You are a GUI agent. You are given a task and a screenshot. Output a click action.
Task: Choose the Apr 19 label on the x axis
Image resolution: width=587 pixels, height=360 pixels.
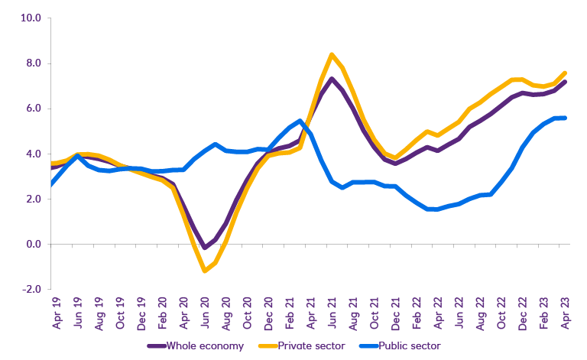[x=57, y=313]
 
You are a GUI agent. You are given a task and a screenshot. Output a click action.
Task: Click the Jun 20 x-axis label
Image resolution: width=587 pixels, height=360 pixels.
[x=206, y=313]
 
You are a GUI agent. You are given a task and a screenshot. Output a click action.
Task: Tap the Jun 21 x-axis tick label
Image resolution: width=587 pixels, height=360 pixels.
[x=332, y=313]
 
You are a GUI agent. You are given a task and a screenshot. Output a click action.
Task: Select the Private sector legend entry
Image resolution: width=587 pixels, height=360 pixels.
[x=310, y=346]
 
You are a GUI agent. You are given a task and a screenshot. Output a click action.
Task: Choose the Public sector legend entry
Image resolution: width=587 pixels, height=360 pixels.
[x=411, y=346]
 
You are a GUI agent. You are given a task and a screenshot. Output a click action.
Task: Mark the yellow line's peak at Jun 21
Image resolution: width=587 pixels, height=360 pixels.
[x=331, y=54]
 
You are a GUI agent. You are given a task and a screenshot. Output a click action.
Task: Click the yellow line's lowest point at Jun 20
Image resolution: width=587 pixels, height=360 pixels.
[x=205, y=271]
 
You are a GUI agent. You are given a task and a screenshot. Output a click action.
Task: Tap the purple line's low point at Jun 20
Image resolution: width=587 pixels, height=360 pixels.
[x=204, y=247]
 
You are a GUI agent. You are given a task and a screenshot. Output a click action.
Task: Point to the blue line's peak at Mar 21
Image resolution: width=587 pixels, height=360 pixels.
[x=300, y=121]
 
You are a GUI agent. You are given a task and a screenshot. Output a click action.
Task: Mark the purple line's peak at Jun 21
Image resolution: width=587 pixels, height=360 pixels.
[x=332, y=79]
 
